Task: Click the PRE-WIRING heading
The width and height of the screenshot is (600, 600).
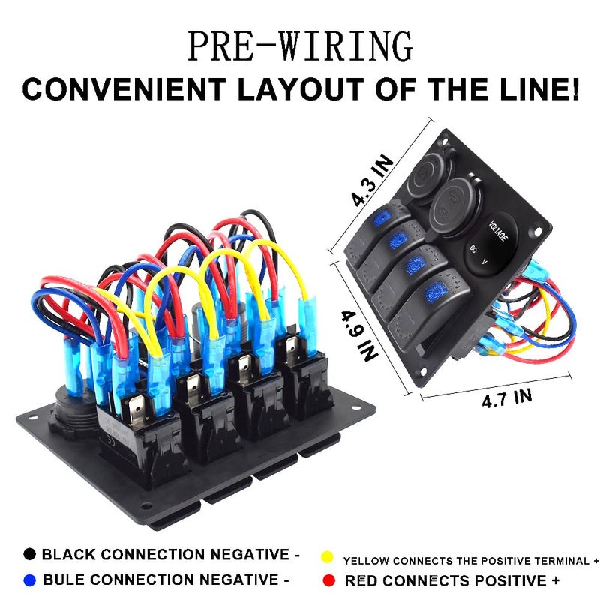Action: pyautogui.click(x=301, y=46)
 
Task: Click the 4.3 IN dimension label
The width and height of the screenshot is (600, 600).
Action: pyautogui.click(x=372, y=180)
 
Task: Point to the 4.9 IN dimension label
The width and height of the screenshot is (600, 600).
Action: pyautogui.click(x=359, y=335)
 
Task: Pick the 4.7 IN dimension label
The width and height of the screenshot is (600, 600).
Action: pyautogui.click(x=507, y=398)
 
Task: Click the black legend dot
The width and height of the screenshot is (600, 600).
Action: pyautogui.click(x=29, y=554)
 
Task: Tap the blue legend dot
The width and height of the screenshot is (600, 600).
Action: pyautogui.click(x=29, y=580)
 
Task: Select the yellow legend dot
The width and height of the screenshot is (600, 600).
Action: pyautogui.click(x=327, y=557)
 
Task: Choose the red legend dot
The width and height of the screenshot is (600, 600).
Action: pyautogui.click(x=328, y=580)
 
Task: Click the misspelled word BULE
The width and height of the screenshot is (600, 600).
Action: pyautogui.click(x=64, y=580)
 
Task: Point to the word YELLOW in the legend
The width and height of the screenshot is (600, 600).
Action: pyautogui.click(x=366, y=561)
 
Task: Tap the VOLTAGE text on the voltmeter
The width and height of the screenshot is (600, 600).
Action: pyautogui.click(x=498, y=231)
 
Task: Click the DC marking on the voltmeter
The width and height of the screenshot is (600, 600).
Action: pyautogui.click(x=473, y=248)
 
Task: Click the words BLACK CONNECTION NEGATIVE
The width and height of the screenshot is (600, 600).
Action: pyautogui.click(x=165, y=554)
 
